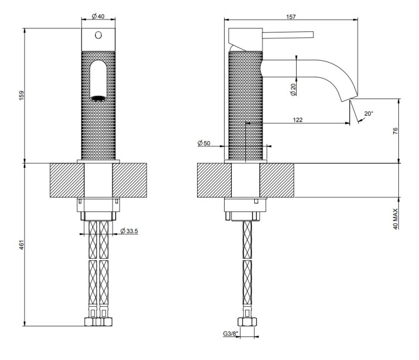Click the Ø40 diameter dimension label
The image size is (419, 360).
click(x=98, y=17)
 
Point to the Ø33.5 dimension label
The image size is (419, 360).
click(x=129, y=230)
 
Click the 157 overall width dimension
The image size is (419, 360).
click(x=291, y=17)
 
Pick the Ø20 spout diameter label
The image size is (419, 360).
click(x=293, y=89)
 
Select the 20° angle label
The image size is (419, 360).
click(x=368, y=113)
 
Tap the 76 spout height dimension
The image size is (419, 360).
click(x=395, y=131)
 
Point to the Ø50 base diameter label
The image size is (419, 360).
click(x=204, y=144)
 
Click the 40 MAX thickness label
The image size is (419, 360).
click(x=395, y=218)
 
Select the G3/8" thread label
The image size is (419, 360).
click(x=228, y=334)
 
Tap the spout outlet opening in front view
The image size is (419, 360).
click(x=98, y=98)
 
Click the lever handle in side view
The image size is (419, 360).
click(x=287, y=34)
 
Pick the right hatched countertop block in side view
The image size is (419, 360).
click(x=277, y=180)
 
